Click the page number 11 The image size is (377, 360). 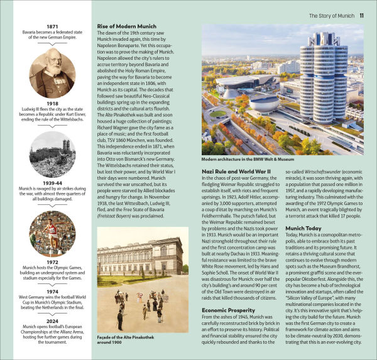[x=362, y=14]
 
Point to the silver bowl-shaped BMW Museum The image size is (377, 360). [x=264, y=102]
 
